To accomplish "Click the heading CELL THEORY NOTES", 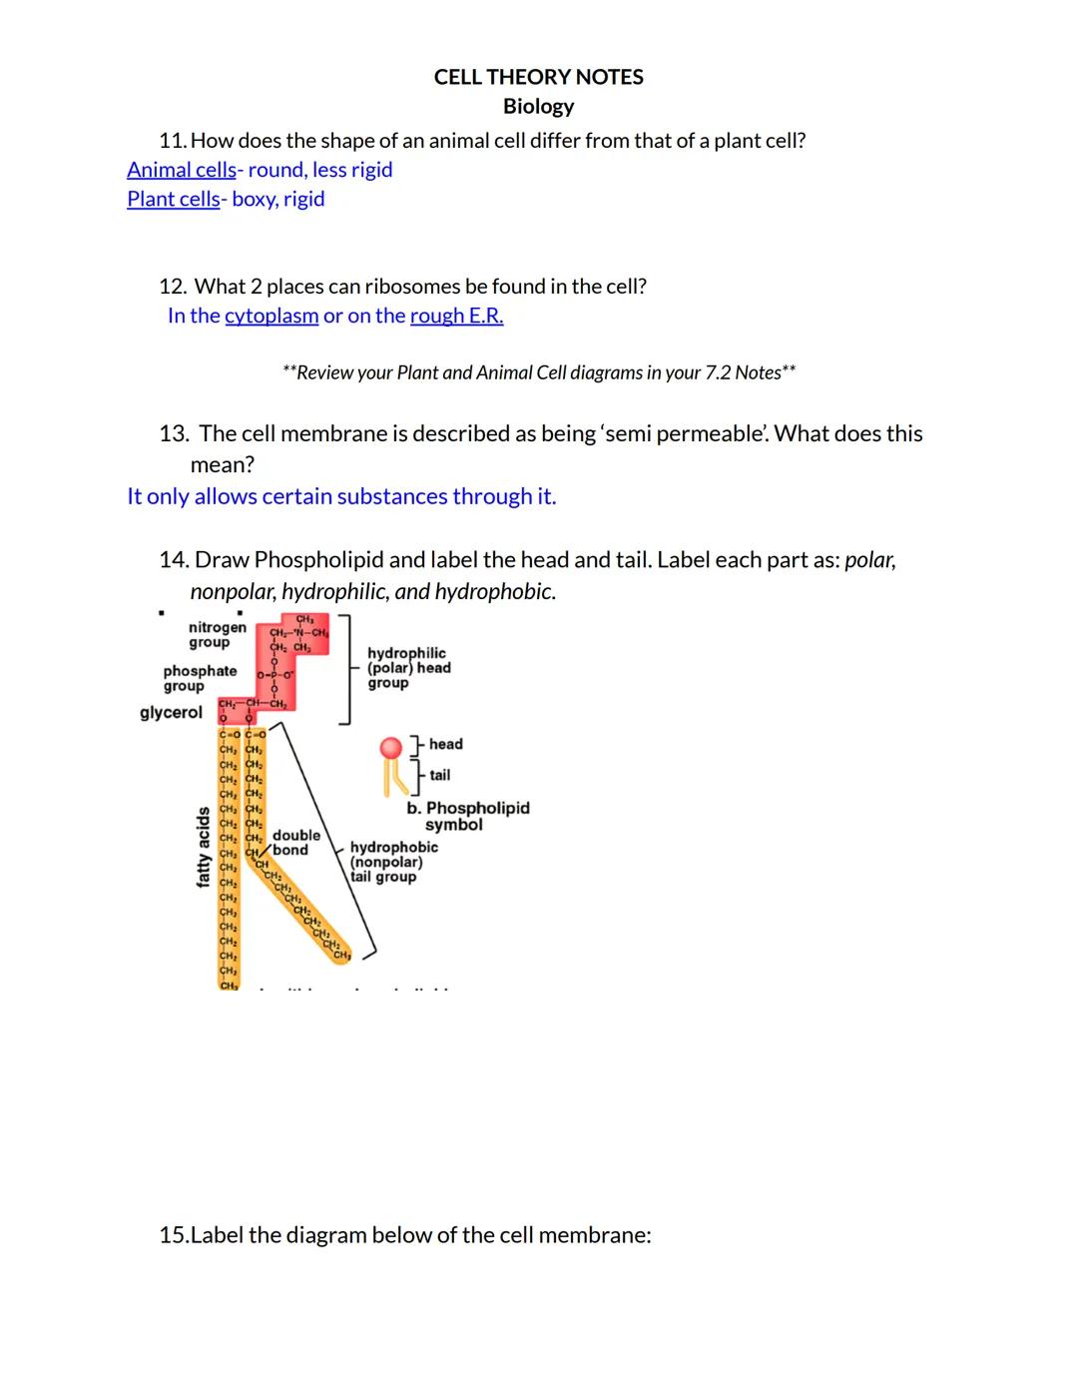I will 538,77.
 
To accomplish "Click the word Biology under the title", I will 538,106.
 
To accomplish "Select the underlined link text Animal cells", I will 182,170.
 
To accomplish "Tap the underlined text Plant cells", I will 173,199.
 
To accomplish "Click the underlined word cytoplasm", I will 271,316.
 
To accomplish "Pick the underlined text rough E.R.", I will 456,316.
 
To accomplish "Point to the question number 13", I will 174,433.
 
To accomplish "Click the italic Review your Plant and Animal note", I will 538,372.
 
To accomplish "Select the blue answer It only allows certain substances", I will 341,496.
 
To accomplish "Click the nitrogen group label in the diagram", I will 217,634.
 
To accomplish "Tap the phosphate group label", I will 200,678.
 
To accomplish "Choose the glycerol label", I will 171,712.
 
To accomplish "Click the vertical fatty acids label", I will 204,847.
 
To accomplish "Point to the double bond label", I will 295,842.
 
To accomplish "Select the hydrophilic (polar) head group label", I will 408,667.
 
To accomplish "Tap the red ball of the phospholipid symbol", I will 391,748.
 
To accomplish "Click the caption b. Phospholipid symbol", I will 467,816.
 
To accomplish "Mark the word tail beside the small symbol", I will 439,775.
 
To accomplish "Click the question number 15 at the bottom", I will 173,1235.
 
